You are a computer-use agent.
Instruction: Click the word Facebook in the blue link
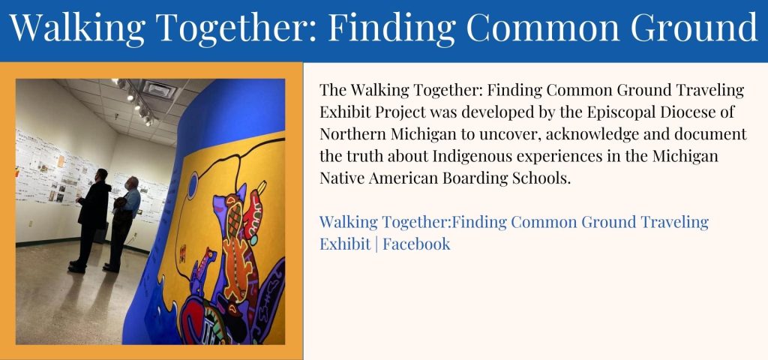point(416,244)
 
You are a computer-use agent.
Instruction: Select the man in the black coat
point(91,220)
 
